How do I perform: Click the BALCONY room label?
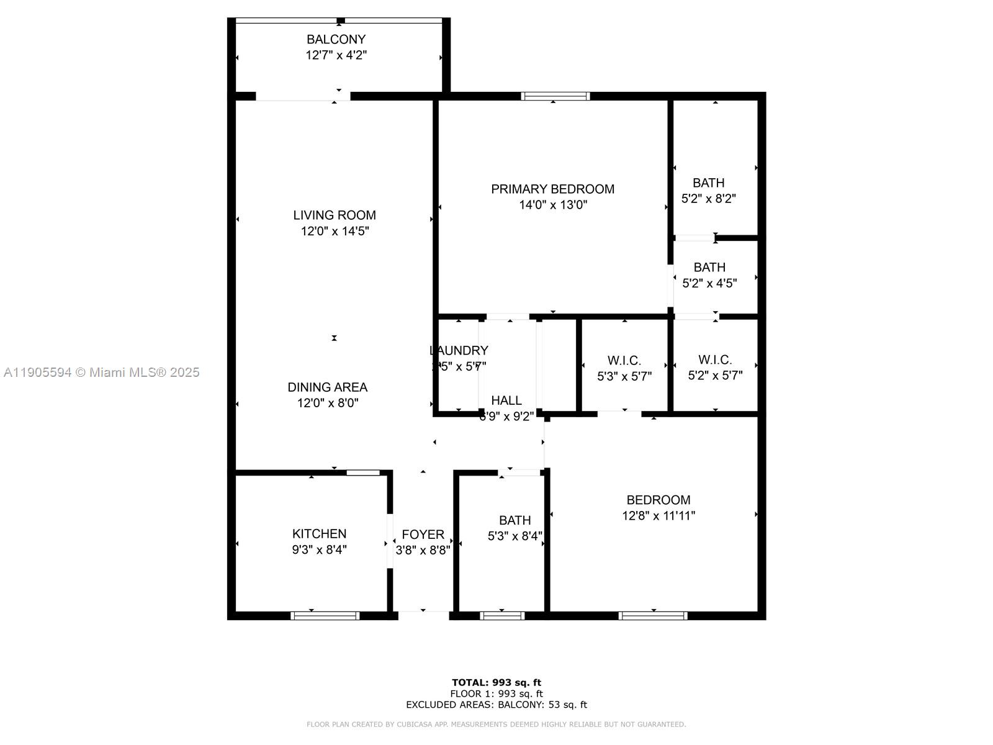coord(336,39)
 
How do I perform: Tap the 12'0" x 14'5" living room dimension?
coord(335,232)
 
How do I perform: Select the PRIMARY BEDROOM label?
coord(552,189)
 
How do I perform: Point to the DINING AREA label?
coord(327,387)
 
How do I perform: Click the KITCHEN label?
coord(319,533)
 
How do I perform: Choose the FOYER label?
coord(423,534)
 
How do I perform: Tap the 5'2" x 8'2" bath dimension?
coord(708,199)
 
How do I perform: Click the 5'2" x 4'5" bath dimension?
coord(709,283)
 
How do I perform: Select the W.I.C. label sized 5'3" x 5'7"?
coord(624,360)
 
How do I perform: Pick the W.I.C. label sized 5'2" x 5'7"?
coord(715,359)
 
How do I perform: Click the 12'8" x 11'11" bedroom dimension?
coord(658,515)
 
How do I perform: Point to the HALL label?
coord(506,400)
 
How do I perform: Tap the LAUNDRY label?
coord(459,350)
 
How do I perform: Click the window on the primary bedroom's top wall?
coord(555,96)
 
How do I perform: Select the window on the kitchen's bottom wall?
coord(325,615)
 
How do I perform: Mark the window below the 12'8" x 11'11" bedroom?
coord(652,615)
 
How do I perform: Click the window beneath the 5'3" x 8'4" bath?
coord(502,615)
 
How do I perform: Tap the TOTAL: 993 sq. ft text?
coord(496,682)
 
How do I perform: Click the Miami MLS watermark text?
coord(102,372)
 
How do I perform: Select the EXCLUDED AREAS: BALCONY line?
coord(496,705)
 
